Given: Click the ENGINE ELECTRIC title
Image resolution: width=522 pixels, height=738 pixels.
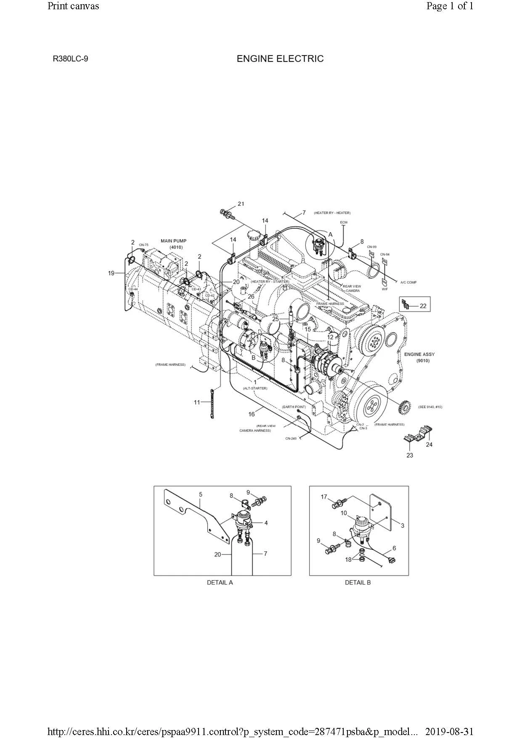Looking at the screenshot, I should (x=280, y=59).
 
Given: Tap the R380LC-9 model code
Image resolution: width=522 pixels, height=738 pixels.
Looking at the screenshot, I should (x=70, y=59).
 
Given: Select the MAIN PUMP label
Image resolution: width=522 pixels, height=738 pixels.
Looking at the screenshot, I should (x=173, y=241).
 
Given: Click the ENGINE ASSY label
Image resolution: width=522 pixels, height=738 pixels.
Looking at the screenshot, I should (x=419, y=354).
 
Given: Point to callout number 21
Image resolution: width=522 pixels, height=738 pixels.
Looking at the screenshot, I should (x=241, y=204).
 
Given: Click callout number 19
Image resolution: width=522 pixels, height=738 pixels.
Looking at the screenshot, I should (x=111, y=273).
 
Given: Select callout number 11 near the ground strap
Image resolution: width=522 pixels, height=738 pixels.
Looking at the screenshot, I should (x=197, y=402).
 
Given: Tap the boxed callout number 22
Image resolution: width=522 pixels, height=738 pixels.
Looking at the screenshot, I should (x=423, y=306).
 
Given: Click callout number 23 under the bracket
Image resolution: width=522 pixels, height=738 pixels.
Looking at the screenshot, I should (x=410, y=455).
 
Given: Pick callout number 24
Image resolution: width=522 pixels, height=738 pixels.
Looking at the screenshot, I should (x=429, y=444).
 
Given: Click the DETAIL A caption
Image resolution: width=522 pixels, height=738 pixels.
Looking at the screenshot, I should (x=220, y=582).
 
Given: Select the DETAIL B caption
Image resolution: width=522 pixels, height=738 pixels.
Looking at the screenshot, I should (x=358, y=582).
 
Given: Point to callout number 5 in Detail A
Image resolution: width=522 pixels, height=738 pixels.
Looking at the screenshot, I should (x=201, y=495).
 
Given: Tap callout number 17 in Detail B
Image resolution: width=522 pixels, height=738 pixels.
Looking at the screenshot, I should (x=324, y=497).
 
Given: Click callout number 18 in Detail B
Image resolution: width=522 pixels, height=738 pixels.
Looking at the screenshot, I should (x=348, y=560).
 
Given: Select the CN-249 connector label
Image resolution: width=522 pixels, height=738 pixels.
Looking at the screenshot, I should (x=291, y=439).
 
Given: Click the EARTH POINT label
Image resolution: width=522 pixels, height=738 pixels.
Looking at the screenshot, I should (x=294, y=407).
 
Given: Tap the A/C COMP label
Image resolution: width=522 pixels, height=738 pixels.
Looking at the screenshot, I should (x=408, y=283).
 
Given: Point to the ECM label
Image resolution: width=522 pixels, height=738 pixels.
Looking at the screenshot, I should (x=344, y=222).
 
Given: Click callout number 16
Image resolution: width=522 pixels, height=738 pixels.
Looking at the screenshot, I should (x=252, y=414).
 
